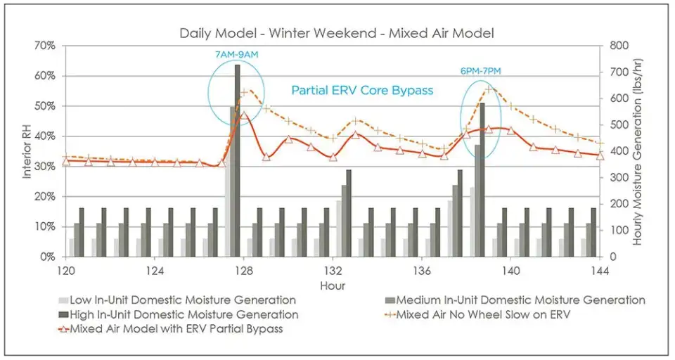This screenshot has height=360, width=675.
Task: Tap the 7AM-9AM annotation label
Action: pos(236,54)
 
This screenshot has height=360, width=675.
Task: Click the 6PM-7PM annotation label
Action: pos(480,70)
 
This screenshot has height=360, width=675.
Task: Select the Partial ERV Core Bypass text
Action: pos(362,90)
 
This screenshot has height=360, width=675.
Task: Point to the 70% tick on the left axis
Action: pos(45,46)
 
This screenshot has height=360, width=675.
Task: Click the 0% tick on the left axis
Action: pos(47,257)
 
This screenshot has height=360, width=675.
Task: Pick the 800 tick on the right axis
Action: pos(617,46)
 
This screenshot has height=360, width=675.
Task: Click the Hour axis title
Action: pos(333,285)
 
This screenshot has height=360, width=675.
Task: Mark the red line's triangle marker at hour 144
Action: pos(600,155)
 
